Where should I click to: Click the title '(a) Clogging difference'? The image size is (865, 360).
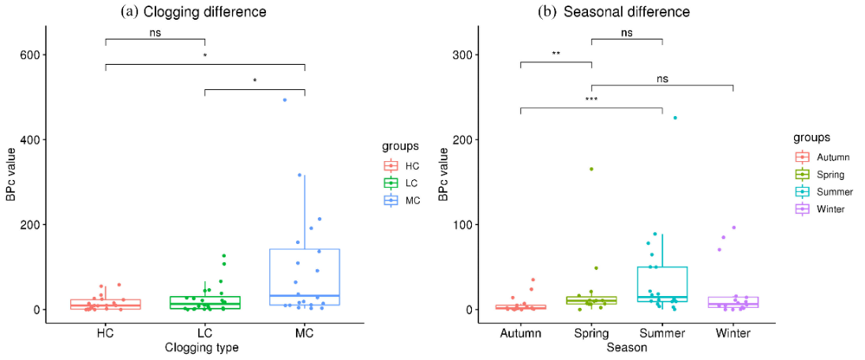pos(193,12)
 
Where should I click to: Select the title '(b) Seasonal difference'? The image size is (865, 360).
pos(614,12)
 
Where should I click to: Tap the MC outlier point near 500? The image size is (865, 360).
pos(285,100)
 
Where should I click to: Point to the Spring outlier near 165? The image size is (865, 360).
pos(590,169)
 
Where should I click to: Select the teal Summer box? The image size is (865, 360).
pos(662,283)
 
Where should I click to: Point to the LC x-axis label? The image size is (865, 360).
pos(205,333)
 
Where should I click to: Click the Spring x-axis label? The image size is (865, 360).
pos(591,333)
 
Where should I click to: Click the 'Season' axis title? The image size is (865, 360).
pos(627,347)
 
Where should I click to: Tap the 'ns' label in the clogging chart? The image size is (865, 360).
pos(155,33)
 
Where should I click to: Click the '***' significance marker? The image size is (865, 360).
pos(591,100)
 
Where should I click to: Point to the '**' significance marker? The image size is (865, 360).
pos(556,55)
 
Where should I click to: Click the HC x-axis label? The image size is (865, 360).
pos(106,333)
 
